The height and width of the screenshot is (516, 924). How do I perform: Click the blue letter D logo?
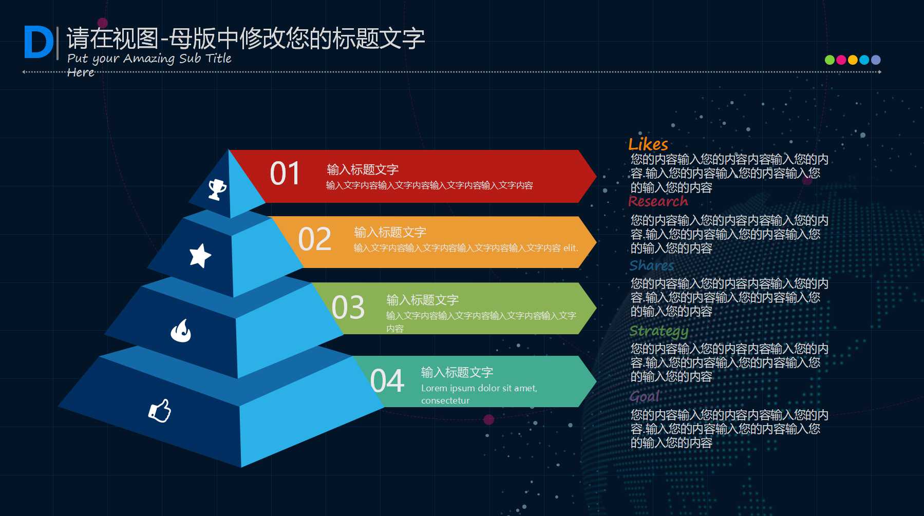[x=39, y=43]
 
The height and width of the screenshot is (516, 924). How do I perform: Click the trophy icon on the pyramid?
[x=217, y=189]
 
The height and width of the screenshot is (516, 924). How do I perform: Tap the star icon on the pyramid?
[x=200, y=255]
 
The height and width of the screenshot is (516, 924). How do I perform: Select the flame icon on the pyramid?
[x=181, y=331]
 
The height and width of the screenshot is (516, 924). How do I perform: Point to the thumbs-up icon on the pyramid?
[x=160, y=411]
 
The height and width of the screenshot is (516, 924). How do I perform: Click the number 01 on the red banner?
[x=285, y=174]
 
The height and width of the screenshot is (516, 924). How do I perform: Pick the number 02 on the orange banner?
[x=314, y=239]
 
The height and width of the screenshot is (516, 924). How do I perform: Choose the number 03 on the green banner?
[x=348, y=308]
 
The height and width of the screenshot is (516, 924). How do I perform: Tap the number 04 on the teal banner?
[x=387, y=381]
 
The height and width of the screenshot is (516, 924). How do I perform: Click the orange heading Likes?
[x=648, y=144]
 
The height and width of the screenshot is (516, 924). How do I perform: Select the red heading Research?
[x=658, y=201]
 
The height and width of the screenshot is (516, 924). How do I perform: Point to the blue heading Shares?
[x=651, y=265]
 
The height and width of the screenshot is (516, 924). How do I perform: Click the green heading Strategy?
[x=658, y=331]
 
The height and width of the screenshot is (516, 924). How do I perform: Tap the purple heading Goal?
[x=644, y=396]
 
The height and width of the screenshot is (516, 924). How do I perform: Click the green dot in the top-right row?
[x=829, y=60]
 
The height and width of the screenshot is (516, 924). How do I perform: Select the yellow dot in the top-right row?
[x=852, y=60]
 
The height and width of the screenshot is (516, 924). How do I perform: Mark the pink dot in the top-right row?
[x=841, y=60]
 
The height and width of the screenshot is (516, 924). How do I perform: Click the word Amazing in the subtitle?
[x=149, y=59]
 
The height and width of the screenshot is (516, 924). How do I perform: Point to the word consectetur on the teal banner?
[x=445, y=400]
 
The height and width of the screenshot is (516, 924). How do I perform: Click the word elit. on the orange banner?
[x=570, y=248]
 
